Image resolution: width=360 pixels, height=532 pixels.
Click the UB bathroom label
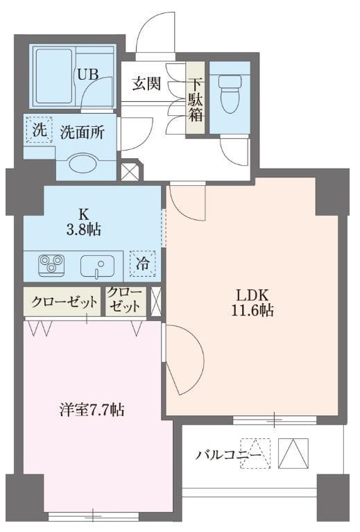click(x=87, y=74)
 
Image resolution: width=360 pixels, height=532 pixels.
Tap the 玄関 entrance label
click(x=146, y=85)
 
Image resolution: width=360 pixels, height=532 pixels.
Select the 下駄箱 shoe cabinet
click(x=196, y=98)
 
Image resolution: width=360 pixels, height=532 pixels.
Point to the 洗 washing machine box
click(x=39, y=129)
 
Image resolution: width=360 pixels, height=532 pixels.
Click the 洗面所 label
click(x=82, y=132)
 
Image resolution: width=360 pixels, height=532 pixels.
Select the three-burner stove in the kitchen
click(x=51, y=264)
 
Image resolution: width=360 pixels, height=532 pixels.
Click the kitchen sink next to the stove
click(x=97, y=265)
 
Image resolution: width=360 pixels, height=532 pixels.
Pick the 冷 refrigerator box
click(x=142, y=264)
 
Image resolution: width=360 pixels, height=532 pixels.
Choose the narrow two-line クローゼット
click(x=126, y=301)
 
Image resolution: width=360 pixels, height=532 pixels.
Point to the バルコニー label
click(x=228, y=455)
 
